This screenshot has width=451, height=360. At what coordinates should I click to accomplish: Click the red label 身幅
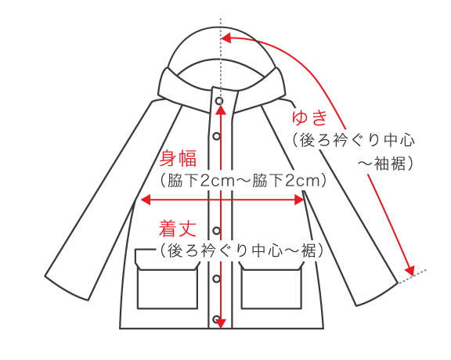[x=178, y=158]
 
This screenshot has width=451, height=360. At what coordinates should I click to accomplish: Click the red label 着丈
[x=178, y=229]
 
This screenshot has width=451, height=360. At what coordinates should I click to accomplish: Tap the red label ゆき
[x=310, y=117]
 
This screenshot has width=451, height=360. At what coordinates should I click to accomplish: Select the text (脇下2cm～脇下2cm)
[x=244, y=181]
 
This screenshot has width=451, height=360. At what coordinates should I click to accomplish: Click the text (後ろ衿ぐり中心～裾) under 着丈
[x=242, y=250]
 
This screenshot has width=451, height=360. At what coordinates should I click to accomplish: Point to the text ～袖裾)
[x=386, y=164]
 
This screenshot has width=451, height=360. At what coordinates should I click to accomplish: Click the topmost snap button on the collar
[x=219, y=101]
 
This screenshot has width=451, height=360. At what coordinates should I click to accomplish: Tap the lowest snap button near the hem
[x=216, y=319]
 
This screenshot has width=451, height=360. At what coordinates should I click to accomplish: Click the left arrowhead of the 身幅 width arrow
[x=146, y=200]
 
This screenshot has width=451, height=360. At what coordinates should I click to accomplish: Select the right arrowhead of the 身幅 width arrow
[x=299, y=200]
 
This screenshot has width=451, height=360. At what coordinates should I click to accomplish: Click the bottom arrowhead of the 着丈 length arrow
[x=220, y=323]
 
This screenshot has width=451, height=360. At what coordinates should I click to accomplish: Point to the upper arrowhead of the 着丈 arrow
[x=220, y=110]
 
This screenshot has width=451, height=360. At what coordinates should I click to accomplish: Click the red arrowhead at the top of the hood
[x=226, y=38]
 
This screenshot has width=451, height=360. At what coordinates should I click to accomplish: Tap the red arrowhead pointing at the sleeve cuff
[x=410, y=271]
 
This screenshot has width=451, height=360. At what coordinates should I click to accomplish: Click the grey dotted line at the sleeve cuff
[x=412, y=276]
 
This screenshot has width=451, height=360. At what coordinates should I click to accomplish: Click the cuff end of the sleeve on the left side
[x=66, y=289]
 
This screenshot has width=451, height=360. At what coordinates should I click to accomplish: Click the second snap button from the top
[x=216, y=136]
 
